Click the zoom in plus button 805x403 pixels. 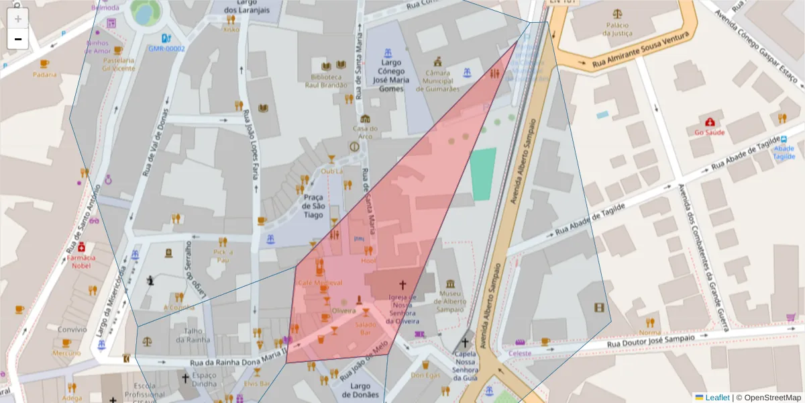point(18,19)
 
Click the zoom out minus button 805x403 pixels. point(18,39)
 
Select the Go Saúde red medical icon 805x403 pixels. point(710,122)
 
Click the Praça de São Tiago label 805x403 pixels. point(315,206)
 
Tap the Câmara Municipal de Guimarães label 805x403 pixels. point(438,81)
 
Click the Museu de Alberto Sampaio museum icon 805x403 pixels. point(450,283)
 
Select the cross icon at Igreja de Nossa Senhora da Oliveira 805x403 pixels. point(402,285)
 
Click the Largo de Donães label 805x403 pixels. point(360,390)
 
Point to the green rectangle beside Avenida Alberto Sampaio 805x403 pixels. point(483,173)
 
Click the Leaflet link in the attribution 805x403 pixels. point(716,398)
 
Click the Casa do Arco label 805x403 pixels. point(365,132)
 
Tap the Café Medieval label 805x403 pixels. point(320,283)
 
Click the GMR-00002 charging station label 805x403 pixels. point(167,48)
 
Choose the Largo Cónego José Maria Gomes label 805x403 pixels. point(391,75)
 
